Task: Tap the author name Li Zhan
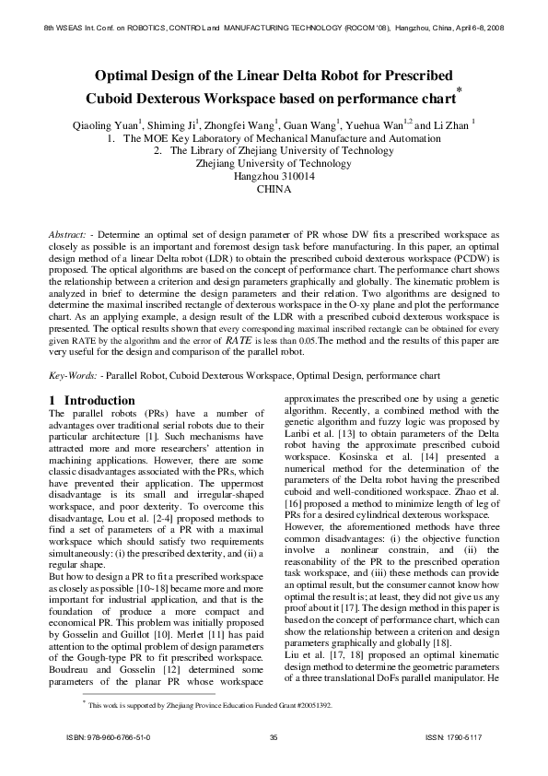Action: pyautogui.click(x=451, y=123)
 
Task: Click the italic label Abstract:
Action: pyautogui.click(x=70, y=236)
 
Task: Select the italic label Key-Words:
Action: pyautogui.click(x=73, y=375)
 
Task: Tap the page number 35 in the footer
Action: pyautogui.click(x=274, y=764)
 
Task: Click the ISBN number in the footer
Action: pyautogui.click(x=110, y=764)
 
